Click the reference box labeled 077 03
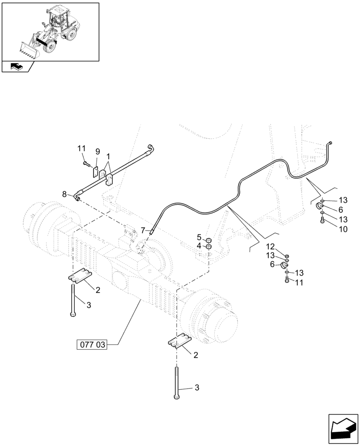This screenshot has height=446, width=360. pos(93,345)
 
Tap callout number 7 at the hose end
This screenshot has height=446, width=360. pos(143,230)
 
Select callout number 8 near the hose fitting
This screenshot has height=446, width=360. pos(65,194)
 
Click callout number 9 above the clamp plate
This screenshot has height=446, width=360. pos(98,152)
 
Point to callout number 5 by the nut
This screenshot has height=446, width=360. pos(200,237)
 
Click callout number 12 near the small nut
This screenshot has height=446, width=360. pos(270,247)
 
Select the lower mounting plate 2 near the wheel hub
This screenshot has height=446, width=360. pos(180,343)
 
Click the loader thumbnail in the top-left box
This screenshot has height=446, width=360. pos(50,30)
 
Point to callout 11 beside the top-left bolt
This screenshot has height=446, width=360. pos(81,148)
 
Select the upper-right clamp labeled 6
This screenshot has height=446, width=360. pos(319,206)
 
